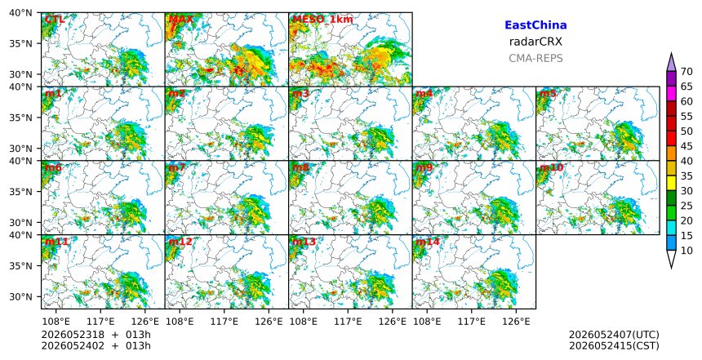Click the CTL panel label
tap(55, 20)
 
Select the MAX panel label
tap(181, 20)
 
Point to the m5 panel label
tap(548, 94)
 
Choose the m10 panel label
tap(552, 167)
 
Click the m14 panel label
tap(428, 242)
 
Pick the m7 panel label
tap(177, 167)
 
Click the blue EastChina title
tap(535, 25)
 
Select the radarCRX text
tap(535, 42)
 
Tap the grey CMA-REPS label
tap(535, 58)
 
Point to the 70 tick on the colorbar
tap(686, 72)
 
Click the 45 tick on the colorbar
tap(686, 146)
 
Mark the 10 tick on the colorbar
tap(686, 251)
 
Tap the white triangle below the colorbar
tap(671, 258)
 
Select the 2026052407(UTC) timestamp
tap(614, 335)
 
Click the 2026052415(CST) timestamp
tap(614, 346)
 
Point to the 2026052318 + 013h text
tap(96, 335)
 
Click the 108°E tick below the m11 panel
tap(56, 321)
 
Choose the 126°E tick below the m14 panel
tap(516, 321)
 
